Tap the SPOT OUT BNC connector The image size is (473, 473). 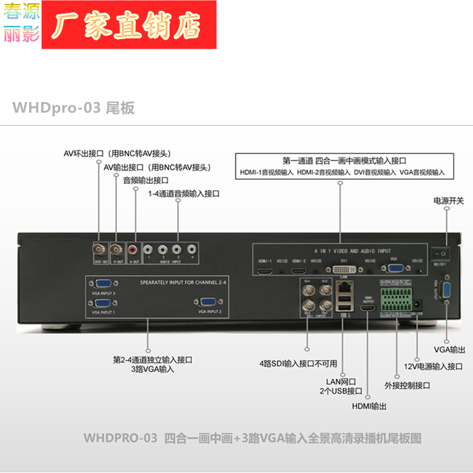(99, 249)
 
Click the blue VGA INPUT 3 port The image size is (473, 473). (104, 286)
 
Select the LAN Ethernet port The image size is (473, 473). (343, 287)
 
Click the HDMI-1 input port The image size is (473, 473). (265, 270)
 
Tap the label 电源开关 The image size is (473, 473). (449, 201)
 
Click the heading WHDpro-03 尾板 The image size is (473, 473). (73, 108)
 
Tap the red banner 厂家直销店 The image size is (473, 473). (129, 25)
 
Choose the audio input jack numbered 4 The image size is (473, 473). (192, 249)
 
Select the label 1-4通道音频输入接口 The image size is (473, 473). (184, 194)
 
